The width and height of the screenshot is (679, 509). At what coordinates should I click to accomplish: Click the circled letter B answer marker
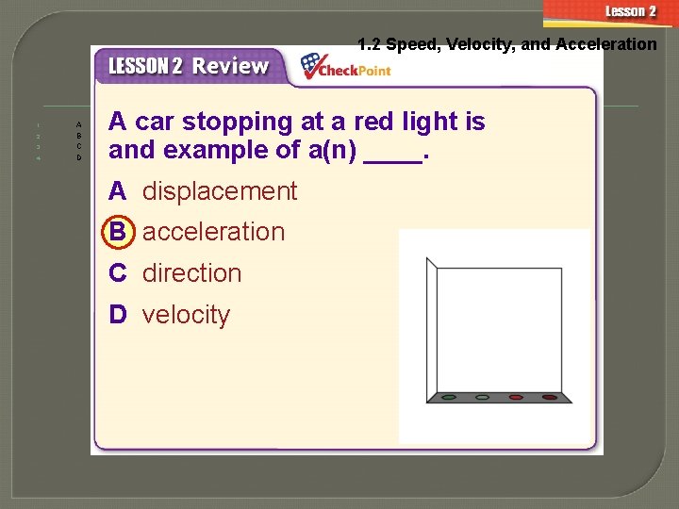click(117, 232)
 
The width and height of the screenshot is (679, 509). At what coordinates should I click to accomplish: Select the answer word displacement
click(220, 191)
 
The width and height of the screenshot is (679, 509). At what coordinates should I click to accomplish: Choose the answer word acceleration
click(213, 232)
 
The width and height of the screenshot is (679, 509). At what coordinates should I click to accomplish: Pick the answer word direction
click(191, 273)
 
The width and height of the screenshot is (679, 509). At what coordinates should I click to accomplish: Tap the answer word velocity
click(186, 315)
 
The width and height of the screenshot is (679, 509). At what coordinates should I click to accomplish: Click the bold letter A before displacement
click(117, 191)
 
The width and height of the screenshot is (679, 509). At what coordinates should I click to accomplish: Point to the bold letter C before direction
click(117, 273)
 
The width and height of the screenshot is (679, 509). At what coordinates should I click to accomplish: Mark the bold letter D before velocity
click(117, 315)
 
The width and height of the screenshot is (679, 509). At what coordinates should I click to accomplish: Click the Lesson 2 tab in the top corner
click(630, 12)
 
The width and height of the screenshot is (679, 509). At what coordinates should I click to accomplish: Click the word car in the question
click(155, 122)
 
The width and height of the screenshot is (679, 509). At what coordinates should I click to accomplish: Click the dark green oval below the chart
click(449, 398)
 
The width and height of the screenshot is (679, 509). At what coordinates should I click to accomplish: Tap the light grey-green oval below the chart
click(482, 398)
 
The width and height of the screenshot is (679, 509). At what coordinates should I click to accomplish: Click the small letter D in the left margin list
click(79, 158)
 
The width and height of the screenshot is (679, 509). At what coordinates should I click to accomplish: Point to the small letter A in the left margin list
click(79, 124)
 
